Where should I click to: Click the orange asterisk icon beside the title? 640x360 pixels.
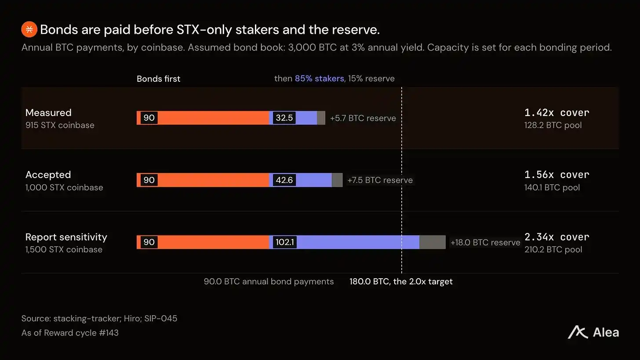point(29,29)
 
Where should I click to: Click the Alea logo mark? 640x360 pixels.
point(578,332)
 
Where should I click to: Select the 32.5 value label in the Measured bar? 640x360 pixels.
point(284,118)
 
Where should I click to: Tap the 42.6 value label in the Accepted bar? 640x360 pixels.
point(284,180)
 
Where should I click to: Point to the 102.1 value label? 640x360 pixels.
point(284,242)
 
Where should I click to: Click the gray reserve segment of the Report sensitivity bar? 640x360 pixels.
point(432,242)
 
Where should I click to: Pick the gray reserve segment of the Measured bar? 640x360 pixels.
point(321,118)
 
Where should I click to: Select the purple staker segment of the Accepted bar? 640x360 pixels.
point(300,180)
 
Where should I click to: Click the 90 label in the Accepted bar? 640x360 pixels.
point(149,180)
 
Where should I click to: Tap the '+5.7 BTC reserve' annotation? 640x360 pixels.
point(363,118)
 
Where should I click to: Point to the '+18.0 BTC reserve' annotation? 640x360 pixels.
point(485,242)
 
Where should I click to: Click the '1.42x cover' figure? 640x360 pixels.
point(556,113)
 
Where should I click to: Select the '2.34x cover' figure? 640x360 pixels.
point(556,237)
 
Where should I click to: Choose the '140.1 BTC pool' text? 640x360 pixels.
point(552,187)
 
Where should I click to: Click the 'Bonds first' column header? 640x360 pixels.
point(158,79)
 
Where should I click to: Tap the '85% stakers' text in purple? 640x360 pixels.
point(319,78)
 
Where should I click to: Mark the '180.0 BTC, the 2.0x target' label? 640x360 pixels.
point(401,281)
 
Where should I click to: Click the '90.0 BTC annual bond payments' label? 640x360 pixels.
point(269,281)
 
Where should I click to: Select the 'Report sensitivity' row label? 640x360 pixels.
point(66,237)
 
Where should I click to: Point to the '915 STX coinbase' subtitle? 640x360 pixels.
point(60,125)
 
